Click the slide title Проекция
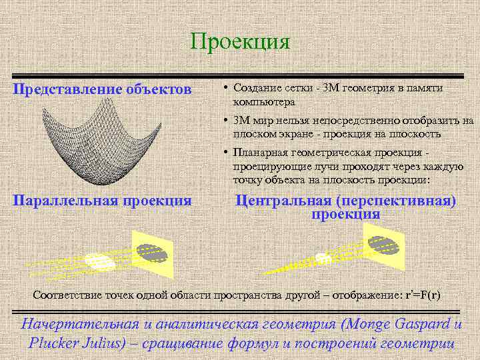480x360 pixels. [240, 42]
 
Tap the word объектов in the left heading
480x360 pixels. [160, 89]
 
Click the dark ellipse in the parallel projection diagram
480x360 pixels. [153, 251]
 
